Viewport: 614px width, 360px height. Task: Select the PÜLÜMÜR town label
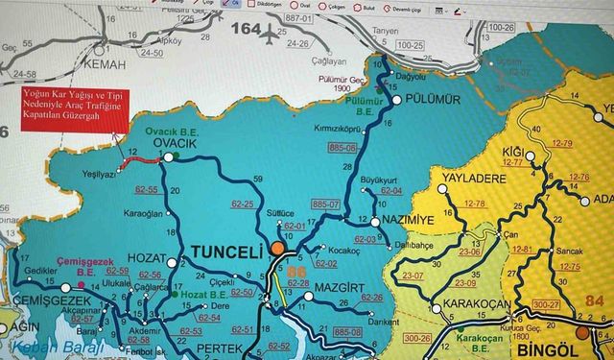point(434,100)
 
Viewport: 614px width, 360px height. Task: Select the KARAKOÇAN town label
point(475,306)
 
